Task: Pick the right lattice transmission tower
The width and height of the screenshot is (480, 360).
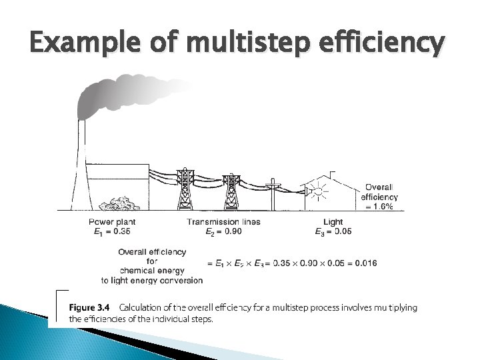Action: click(x=231, y=190)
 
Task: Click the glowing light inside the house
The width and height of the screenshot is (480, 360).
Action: click(x=318, y=192)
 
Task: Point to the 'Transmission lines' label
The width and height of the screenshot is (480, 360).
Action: click(x=223, y=222)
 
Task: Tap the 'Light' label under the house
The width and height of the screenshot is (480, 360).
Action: click(x=333, y=222)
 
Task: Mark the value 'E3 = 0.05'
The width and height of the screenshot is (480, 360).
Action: click(x=333, y=232)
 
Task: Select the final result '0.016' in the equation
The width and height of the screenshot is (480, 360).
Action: click(x=365, y=263)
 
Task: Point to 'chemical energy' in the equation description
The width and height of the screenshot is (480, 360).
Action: click(x=152, y=271)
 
